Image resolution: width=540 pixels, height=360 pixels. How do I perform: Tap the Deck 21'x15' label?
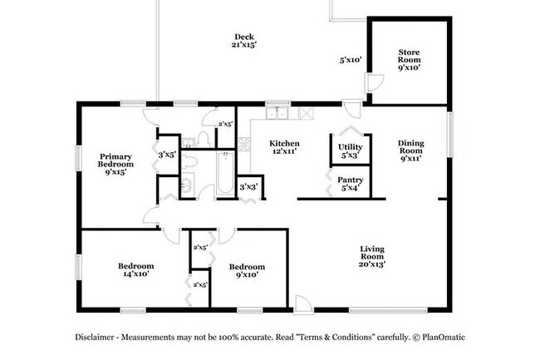coord(243,41)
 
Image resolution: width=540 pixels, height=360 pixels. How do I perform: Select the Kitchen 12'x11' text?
coord(284,149)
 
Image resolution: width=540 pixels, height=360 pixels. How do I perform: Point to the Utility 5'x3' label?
coord(350,151)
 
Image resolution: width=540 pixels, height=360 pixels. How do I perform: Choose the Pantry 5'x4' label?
coord(350,183)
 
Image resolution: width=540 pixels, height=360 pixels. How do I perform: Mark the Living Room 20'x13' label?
coord(371,255)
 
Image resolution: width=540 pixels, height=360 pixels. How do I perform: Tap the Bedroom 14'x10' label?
coord(135,271)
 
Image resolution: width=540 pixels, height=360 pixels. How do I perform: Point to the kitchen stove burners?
coord(244,145)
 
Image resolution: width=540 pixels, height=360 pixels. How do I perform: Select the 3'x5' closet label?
coord(168,154)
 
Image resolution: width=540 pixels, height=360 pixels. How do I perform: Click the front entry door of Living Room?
coord(304,306)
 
